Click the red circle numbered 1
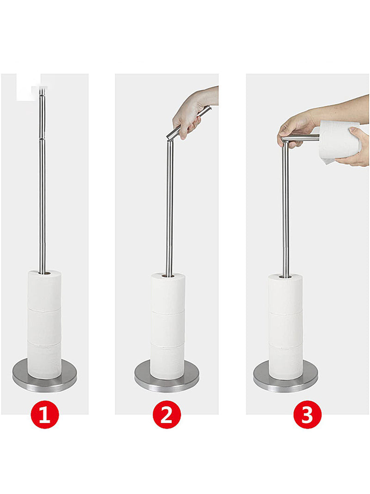[x=45, y=414]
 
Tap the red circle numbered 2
[x=167, y=414]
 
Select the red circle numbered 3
[x=308, y=414]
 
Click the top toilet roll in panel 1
[x=44, y=290]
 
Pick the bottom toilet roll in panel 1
[x=44, y=361]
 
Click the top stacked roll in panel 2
[x=168, y=294]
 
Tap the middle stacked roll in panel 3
[x=286, y=329]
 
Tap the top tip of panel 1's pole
[x=42, y=89]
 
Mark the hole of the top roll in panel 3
[x=285, y=276]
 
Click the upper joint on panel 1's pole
[x=42, y=137]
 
